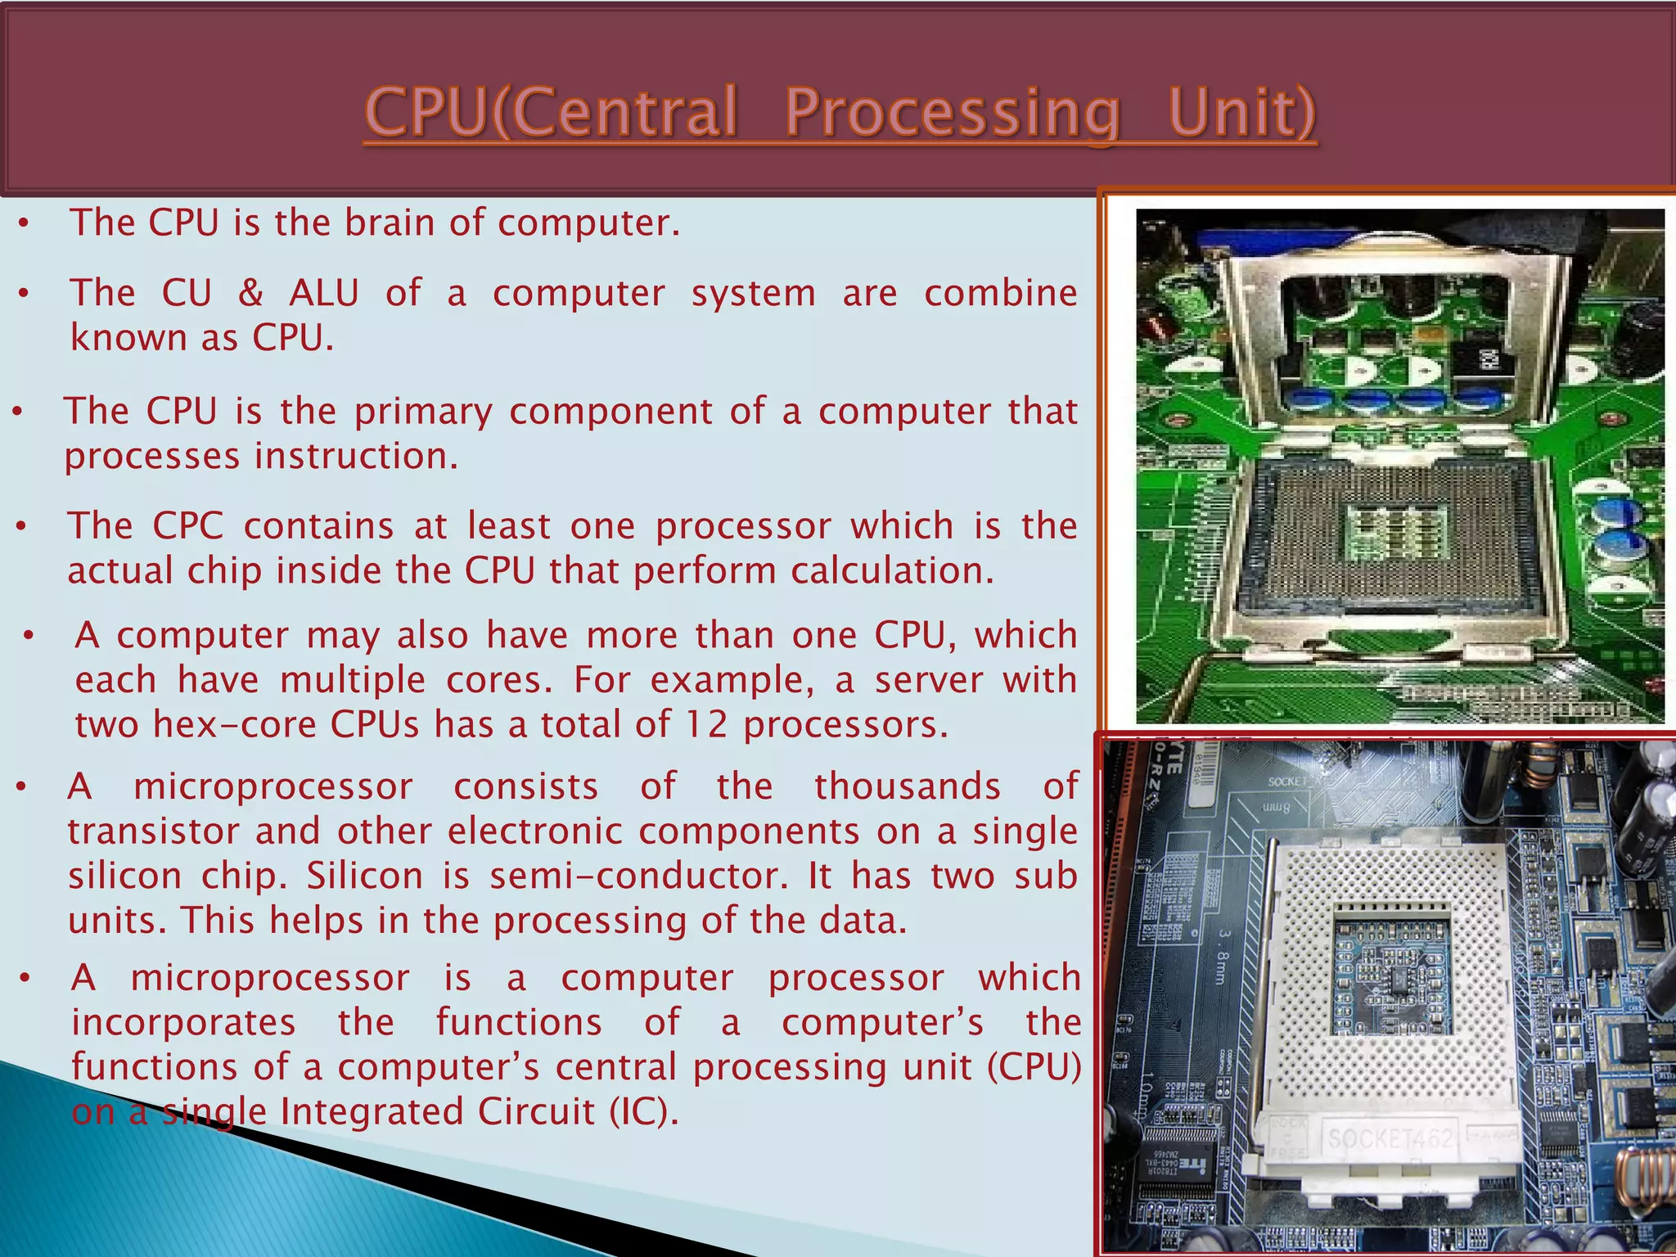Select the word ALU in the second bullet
coord(323,293)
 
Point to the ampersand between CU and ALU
coord(250,293)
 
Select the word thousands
coord(907,786)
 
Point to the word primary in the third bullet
coord(423,412)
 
